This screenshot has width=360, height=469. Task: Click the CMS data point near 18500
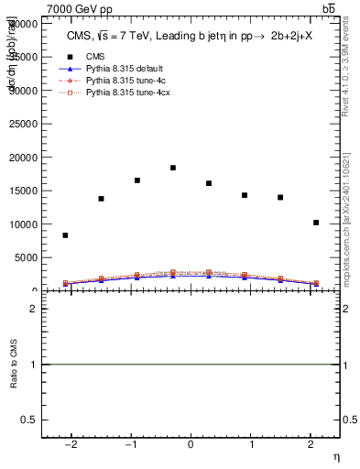coord(173,168)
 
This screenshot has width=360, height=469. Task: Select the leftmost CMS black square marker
coord(65,235)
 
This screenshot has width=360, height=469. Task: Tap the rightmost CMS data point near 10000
coord(316,223)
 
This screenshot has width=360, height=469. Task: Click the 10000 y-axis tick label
coord(24,224)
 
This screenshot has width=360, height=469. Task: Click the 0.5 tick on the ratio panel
coord(30,420)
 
